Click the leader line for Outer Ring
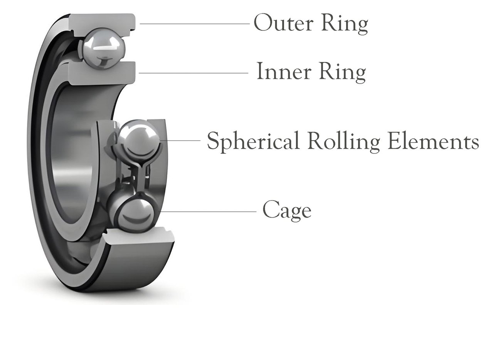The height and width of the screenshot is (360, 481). [195, 23]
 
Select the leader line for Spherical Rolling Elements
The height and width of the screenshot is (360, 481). [181, 141]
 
